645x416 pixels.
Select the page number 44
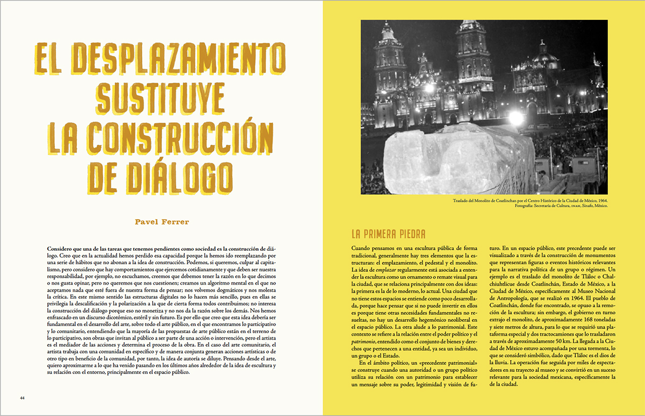point(23,398)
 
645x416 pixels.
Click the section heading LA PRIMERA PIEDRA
point(388,234)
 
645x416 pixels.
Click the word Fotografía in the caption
point(460,206)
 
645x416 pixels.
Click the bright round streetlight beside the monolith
point(516,118)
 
